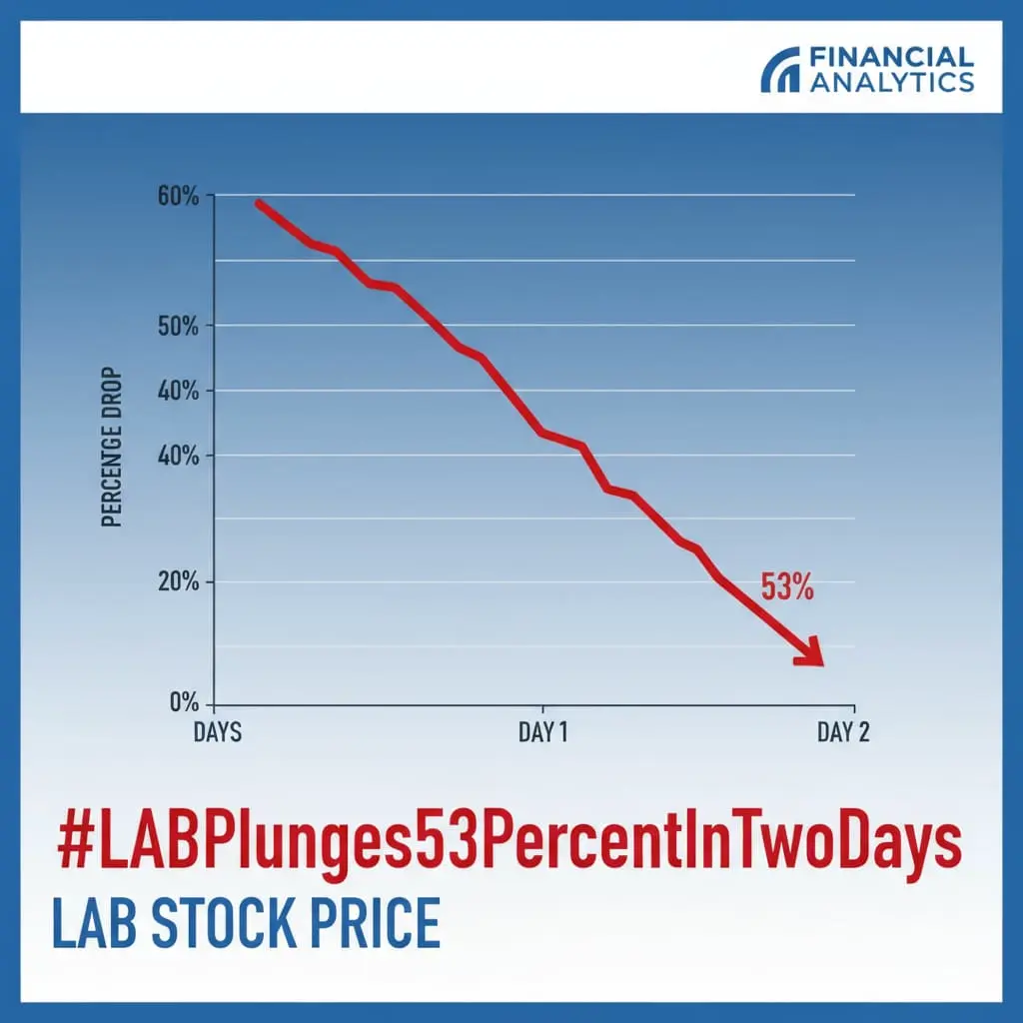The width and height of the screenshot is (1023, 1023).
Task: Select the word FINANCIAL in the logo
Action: click(x=892, y=57)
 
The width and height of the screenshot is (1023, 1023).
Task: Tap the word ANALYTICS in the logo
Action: click(x=892, y=82)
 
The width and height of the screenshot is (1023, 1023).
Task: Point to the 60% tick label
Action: click(x=178, y=196)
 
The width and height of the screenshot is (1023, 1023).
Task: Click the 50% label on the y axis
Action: click(x=178, y=326)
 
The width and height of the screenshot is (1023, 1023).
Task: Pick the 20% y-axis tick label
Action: click(x=178, y=581)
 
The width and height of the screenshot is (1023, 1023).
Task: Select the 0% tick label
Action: click(x=184, y=702)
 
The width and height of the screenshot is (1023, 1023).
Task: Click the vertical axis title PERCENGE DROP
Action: click(x=112, y=447)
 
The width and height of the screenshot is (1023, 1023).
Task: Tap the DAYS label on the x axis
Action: click(x=217, y=732)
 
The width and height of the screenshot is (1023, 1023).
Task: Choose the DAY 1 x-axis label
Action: click(x=542, y=732)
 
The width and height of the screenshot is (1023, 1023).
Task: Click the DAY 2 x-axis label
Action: click(x=843, y=732)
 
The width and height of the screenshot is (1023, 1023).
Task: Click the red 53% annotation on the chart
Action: click(x=787, y=586)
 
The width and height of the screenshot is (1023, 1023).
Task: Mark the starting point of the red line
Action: click(x=259, y=204)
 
